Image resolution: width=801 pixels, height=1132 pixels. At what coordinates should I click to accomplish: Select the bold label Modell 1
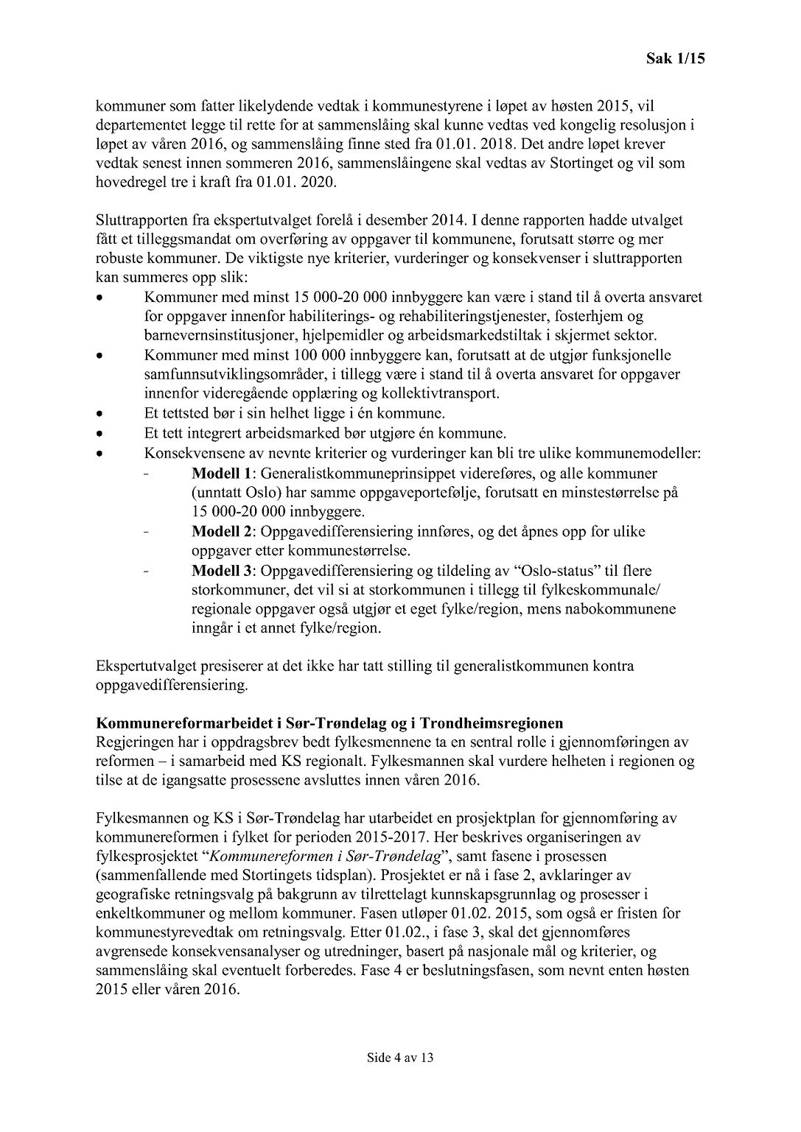[x=222, y=473]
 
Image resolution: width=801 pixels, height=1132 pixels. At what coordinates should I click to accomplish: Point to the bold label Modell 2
[x=222, y=531]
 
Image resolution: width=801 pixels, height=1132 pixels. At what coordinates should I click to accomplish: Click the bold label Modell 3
[x=222, y=570]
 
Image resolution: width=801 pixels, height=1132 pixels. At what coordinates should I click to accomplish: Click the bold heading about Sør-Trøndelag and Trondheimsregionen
[x=329, y=723]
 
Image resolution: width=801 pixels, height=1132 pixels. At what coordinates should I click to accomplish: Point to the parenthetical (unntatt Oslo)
[x=234, y=492]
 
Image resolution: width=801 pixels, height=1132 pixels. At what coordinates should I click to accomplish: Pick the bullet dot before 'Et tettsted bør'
[x=100, y=414]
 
